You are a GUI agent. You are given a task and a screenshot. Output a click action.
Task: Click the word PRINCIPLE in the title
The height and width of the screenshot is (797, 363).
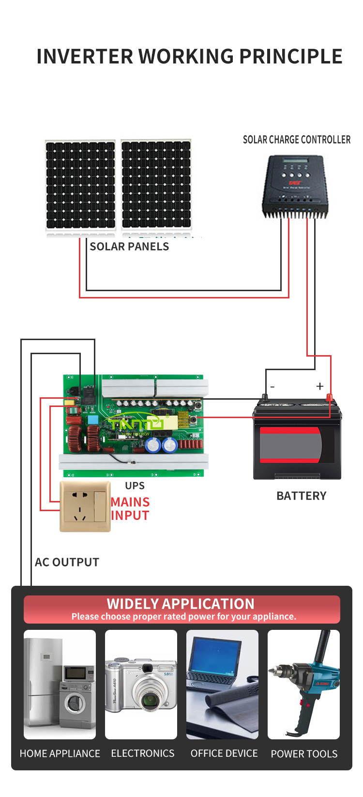point(290,56)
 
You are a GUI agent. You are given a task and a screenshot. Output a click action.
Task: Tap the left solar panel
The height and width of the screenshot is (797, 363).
point(80,185)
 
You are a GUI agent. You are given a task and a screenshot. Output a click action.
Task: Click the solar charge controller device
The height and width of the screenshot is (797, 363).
point(295,187)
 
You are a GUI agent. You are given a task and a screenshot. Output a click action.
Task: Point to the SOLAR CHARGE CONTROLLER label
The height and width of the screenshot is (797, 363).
point(297,140)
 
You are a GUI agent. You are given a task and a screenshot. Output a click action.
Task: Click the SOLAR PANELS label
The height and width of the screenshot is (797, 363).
point(129,246)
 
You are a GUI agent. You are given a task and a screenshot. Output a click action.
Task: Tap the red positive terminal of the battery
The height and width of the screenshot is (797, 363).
point(329,397)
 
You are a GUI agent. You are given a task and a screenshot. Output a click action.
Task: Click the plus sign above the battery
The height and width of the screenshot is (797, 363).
point(319,386)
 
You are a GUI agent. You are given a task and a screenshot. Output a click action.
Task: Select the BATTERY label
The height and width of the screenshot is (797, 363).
point(301,496)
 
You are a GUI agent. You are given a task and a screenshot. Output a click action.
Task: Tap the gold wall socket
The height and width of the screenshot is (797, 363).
point(85,506)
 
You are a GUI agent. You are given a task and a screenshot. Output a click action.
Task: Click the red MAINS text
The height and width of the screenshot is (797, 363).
point(130,502)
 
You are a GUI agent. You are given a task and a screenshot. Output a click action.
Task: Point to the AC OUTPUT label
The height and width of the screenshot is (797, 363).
point(67,562)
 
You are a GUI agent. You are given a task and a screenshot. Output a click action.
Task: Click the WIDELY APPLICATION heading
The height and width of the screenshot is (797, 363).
point(181,604)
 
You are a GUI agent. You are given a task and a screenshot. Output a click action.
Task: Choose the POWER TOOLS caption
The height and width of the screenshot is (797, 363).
point(304,753)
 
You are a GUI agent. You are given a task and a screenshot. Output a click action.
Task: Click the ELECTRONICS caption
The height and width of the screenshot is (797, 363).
point(143,753)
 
